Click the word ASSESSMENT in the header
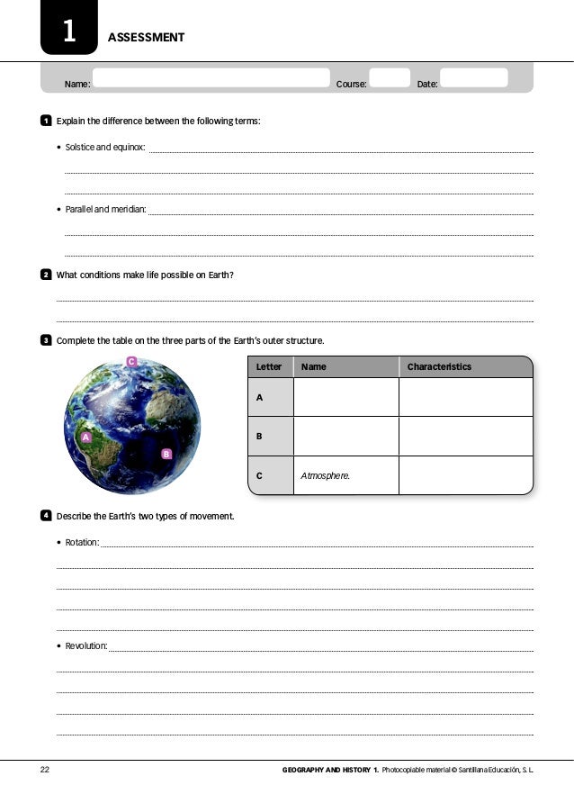[146, 38]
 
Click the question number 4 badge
[45, 516]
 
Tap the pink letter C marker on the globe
[130, 362]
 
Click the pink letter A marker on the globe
[86, 437]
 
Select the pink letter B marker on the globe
[166, 454]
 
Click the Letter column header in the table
[269, 367]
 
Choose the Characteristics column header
[439, 367]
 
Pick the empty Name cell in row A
[345, 397]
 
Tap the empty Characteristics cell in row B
[465, 437]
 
